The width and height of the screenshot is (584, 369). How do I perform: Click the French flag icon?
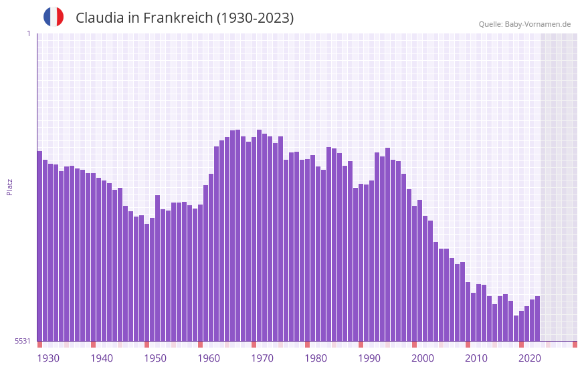click(54, 17)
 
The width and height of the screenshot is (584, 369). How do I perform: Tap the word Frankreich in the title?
click(179, 18)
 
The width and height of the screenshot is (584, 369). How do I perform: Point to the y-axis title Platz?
click(9, 187)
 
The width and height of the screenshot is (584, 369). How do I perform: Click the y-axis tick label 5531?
click(23, 341)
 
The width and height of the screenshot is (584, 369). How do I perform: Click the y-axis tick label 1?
click(28, 33)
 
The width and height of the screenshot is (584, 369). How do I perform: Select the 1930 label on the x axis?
click(48, 358)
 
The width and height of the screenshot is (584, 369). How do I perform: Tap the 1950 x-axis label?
click(155, 358)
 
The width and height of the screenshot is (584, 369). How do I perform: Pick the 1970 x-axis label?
click(262, 358)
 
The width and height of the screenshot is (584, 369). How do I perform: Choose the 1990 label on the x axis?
click(369, 358)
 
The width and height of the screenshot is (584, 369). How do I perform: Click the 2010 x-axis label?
click(476, 358)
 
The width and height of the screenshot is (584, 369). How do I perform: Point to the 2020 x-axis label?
click(530, 358)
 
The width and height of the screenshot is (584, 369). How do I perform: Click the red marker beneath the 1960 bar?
click(200, 344)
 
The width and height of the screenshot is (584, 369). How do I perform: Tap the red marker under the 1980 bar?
click(307, 344)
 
